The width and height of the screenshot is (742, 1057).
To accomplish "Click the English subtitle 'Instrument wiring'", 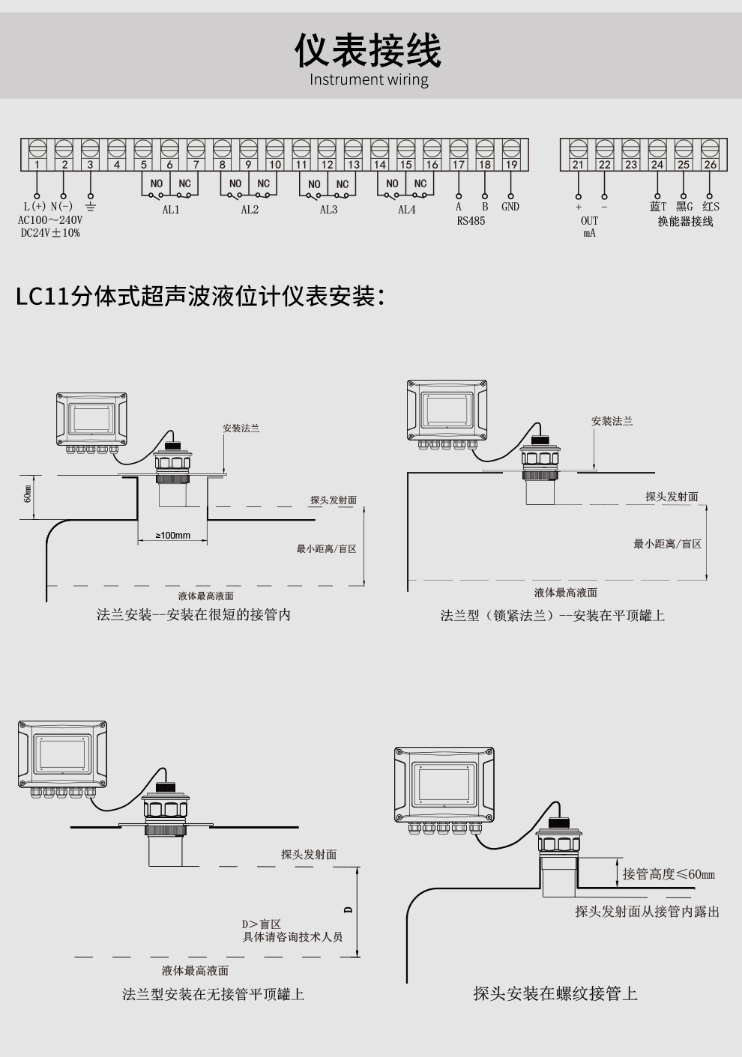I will pyautogui.click(x=369, y=79).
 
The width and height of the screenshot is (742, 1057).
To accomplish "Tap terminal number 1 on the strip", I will pyautogui.click(x=37, y=164).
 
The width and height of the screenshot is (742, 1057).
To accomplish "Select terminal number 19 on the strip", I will pyautogui.click(x=511, y=164).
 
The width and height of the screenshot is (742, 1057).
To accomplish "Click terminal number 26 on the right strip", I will pyautogui.click(x=710, y=164).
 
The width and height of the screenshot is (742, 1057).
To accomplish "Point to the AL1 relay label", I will pyautogui.click(x=171, y=210).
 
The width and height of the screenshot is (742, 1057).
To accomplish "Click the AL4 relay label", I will pyautogui.click(x=406, y=210).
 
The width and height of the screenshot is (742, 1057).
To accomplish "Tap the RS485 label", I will pyautogui.click(x=471, y=221).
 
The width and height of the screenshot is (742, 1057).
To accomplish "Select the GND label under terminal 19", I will pyautogui.click(x=510, y=207).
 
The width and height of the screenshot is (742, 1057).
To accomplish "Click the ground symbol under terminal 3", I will pyautogui.click(x=90, y=206).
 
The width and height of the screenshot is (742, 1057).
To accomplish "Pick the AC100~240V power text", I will pyautogui.click(x=50, y=220).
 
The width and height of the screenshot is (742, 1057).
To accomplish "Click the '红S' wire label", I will pyautogui.click(x=711, y=207).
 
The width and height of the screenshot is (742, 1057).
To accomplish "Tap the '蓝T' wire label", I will pyautogui.click(x=657, y=207).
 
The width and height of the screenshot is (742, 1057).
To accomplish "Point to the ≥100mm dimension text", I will pyautogui.click(x=172, y=536).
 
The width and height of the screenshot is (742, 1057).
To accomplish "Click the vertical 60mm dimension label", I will pyautogui.click(x=28, y=494).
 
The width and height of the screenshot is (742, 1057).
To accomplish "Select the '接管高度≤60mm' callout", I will pyautogui.click(x=669, y=874).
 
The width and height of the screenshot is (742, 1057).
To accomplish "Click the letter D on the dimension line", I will pyautogui.click(x=348, y=910).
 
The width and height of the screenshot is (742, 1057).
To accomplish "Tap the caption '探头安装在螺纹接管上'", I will pyautogui.click(x=555, y=993).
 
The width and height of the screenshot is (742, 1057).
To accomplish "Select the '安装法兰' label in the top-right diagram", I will pyautogui.click(x=612, y=421).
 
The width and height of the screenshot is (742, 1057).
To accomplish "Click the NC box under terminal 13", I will pyautogui.click(x=343, y=184).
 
